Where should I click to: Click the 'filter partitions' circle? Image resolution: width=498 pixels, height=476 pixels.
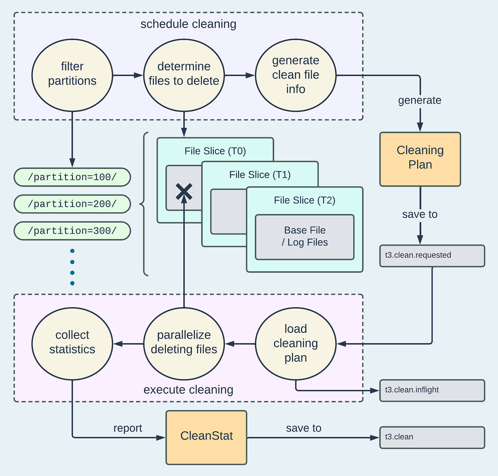click(72, 75)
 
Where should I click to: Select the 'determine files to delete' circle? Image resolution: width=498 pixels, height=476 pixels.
click(184, 75)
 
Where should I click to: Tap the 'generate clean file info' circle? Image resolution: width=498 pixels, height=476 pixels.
click(296, 75)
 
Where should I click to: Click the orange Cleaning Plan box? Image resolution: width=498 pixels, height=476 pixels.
click(420, 159)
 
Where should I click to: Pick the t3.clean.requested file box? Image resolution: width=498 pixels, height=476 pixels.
click(432, 255)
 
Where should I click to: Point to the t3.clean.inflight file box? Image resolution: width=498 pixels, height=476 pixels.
click(432, 390)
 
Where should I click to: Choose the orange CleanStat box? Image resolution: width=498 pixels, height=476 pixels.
click(206, 437)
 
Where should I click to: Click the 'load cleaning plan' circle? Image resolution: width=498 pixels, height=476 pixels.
click(296, 343)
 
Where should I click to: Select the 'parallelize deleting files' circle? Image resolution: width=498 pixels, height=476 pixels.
click(184, 343)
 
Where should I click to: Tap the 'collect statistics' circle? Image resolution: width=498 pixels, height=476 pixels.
click(72, 343)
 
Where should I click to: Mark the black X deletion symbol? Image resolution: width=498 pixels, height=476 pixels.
click(184, 191)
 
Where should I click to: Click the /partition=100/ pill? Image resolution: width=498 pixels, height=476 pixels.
click(72, 177)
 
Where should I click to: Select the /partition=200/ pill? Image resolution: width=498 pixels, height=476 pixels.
click(72, 204)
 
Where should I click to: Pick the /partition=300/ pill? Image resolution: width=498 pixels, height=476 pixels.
click(72, 231)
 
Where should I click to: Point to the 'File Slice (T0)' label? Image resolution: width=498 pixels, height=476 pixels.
click(215, 151)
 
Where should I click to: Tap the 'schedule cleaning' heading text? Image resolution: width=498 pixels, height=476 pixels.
click(188, 24)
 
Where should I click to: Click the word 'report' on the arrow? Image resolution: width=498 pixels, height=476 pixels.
click(128, 428)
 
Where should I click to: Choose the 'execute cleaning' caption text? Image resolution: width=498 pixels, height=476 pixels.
click(188, 390)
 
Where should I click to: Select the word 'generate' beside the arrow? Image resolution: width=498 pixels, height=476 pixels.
click(420, 100)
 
